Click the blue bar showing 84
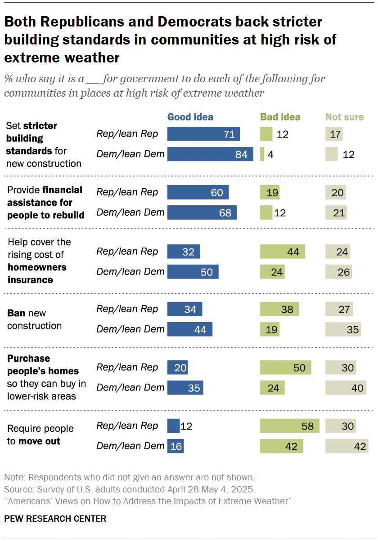[210, 154]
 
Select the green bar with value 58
[289, 426]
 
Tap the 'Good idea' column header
[190, 117]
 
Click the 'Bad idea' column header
[280, 117]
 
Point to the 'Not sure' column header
[344, 117]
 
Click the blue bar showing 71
[203, 134]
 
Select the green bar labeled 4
[262, 154]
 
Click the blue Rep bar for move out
[173, 426]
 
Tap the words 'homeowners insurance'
[37, 274]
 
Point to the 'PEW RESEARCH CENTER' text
[55, 519]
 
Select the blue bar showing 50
[193, 272]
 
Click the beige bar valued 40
[346, 388]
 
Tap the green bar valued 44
[282, 252]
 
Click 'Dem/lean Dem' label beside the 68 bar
[130, 212]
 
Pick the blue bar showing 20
[177, 368]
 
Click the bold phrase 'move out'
[39, 441]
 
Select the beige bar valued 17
[334, 134]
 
